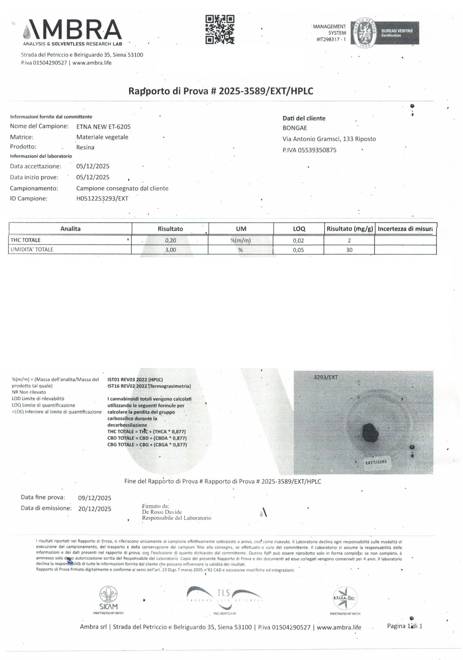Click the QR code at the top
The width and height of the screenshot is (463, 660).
220,29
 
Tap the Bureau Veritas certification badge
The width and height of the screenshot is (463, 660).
385,33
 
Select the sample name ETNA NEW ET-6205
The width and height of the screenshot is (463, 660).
103,127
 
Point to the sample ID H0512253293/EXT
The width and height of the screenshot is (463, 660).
102,199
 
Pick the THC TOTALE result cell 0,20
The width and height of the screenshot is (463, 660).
170,241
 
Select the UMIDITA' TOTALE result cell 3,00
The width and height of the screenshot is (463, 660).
170,250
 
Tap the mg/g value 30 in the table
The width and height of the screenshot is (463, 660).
349,250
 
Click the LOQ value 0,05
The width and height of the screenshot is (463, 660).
298,250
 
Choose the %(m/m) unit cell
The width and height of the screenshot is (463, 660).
240,241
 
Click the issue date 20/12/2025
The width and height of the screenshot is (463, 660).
95,509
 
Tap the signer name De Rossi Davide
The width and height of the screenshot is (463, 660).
162,512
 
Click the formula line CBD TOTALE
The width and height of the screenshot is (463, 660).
147,438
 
